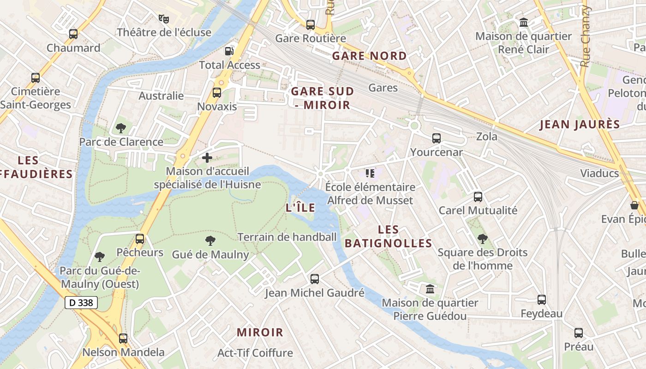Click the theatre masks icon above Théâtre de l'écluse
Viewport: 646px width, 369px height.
tap(164, 18)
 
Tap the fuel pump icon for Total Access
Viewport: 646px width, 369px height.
tap(229, 51)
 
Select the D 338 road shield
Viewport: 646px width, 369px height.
tap(81, 303)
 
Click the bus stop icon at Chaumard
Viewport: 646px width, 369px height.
tap(73, 34)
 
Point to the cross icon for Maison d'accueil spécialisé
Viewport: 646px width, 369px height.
tap(207, 158)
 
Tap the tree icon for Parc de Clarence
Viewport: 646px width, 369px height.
tap(121, 128)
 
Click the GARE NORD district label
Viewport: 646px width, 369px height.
tap(369, 56)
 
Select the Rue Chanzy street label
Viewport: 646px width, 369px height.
tap(585, 37)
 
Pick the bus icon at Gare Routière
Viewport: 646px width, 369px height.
tap(311, 24)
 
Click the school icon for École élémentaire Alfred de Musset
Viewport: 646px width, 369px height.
tap(370, 173)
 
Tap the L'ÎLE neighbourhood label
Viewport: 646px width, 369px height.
tap(300, 208)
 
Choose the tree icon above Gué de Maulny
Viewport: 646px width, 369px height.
tap(210, 240)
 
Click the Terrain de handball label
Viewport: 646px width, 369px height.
tap(287, 237)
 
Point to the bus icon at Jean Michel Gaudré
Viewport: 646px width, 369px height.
tap(315, 279)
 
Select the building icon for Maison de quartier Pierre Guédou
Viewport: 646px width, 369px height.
tap(430, 289)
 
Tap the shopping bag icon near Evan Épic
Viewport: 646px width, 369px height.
tap(634, 205)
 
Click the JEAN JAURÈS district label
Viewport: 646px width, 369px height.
tap(580, 125)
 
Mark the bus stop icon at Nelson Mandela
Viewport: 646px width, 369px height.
tap(123, 338)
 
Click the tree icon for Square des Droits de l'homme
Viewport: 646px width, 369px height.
tap(483, 238)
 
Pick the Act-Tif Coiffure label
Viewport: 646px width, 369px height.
tap(255, 353)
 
